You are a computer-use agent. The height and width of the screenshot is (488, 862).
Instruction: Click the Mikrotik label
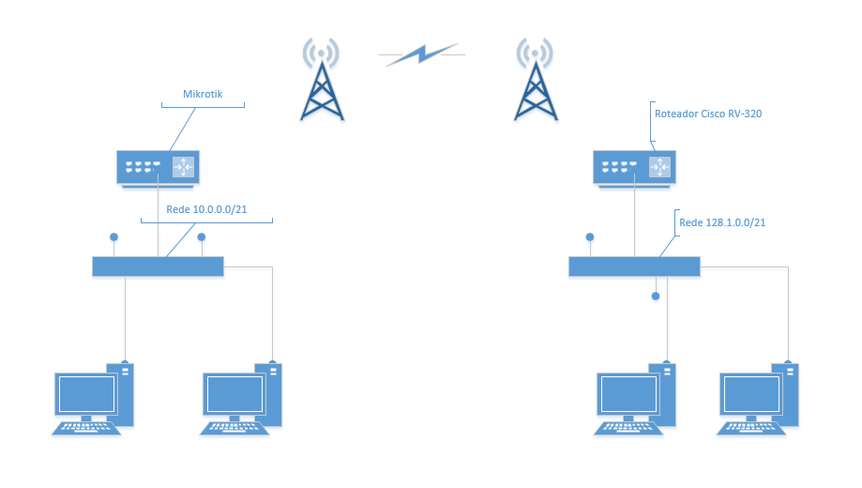tap(202, 94)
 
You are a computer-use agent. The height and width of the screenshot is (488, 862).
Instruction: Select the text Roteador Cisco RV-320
tap(708, 114)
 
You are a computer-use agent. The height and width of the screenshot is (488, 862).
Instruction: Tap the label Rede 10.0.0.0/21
tap(206, 210)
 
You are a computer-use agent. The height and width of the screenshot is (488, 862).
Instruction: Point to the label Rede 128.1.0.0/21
tap(722, 222)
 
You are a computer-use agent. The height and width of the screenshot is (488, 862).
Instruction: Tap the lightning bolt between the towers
tap(422, 54)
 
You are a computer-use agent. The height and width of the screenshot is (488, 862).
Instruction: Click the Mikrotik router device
tap(156, 167)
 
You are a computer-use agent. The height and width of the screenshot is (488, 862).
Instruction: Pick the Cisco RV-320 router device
tap(633, 167)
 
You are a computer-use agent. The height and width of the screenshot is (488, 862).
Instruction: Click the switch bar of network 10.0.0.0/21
tap(158, 267)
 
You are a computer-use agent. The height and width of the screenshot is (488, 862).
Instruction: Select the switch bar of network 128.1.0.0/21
tap(634, 267)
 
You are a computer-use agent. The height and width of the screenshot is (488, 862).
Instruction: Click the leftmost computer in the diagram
tap(92, 399)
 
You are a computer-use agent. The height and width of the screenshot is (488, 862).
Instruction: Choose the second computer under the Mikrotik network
tap(241, 399)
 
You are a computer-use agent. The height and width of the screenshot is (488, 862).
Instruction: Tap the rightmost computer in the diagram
tap(758, 399)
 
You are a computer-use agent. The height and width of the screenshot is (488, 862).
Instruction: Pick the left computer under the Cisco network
tap(635, 399)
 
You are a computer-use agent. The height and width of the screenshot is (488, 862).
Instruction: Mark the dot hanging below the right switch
tap(656, 297)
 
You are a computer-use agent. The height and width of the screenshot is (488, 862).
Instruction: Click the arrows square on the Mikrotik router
tap(182, 167)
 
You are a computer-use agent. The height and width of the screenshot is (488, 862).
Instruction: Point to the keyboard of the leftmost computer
tap(86, 427)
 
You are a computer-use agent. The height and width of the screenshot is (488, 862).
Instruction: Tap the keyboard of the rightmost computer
tap(750, 427)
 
